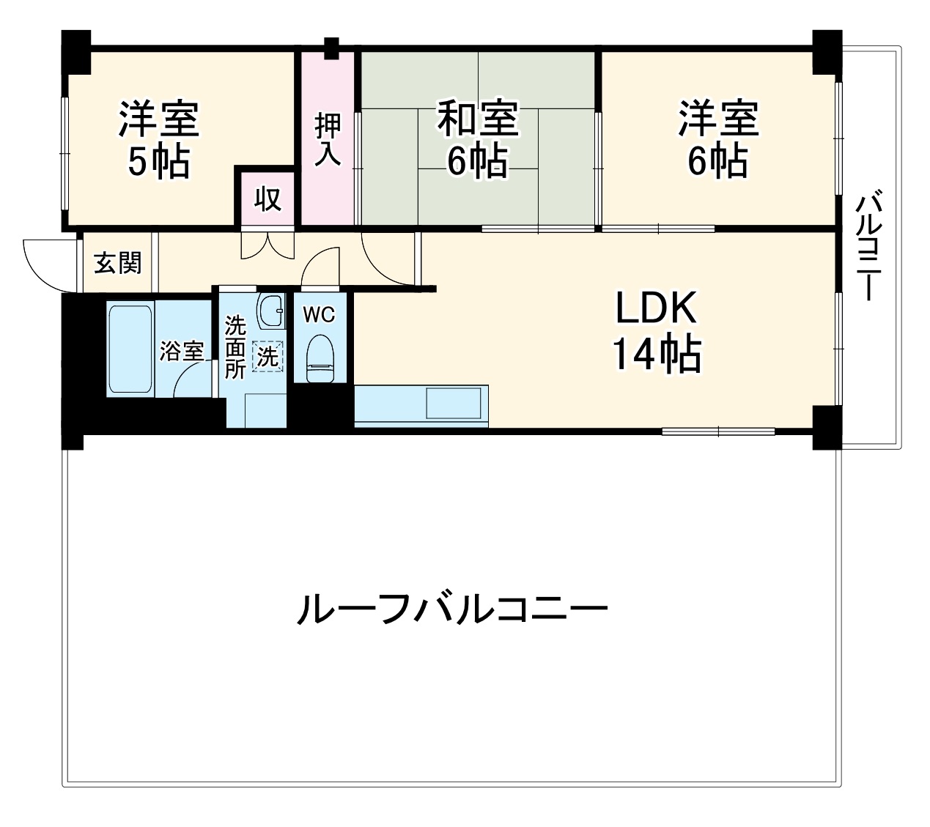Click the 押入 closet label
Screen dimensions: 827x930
(x=328, y=139)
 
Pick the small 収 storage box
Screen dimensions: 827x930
(x=268, y=198)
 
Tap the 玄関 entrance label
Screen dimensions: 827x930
(x=117, y=262)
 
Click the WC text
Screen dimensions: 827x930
(x=320, y=315)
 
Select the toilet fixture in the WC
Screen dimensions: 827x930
(x=320, y=357)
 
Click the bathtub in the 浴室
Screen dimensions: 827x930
(x=130, y=349)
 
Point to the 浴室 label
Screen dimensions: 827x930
(x=182, y=351)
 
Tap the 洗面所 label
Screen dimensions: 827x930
(x=235, y=347)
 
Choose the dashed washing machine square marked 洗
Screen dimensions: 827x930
(x=267, y=357)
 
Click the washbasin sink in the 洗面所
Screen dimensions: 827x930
(x=271, y=311)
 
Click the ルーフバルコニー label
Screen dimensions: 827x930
(x=452, y=609)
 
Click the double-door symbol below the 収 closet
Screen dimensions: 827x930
(x=267, y=245)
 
